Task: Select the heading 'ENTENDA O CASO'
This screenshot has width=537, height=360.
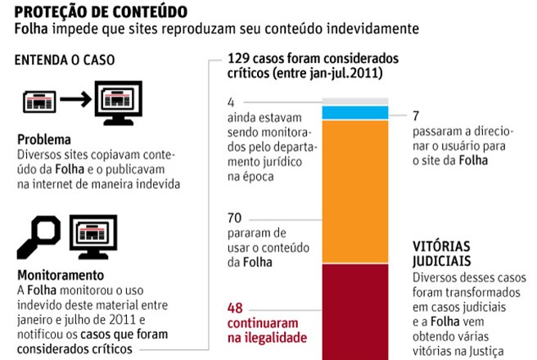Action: pyautogui.click(x=65, y=60)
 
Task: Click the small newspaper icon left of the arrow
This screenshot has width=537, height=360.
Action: pyautogui.click(x=38, y=101)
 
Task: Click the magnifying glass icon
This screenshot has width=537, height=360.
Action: pyautogui.click(x=38, y=232)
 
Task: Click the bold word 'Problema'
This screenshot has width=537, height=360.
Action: pyautogui.click(x=43, y=139)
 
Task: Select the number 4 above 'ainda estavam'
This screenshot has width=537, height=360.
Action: pyautogui.click(x=231, y=102)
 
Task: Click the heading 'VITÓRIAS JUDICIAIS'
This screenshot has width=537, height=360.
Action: pyautogui.click(x=442, y=253)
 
